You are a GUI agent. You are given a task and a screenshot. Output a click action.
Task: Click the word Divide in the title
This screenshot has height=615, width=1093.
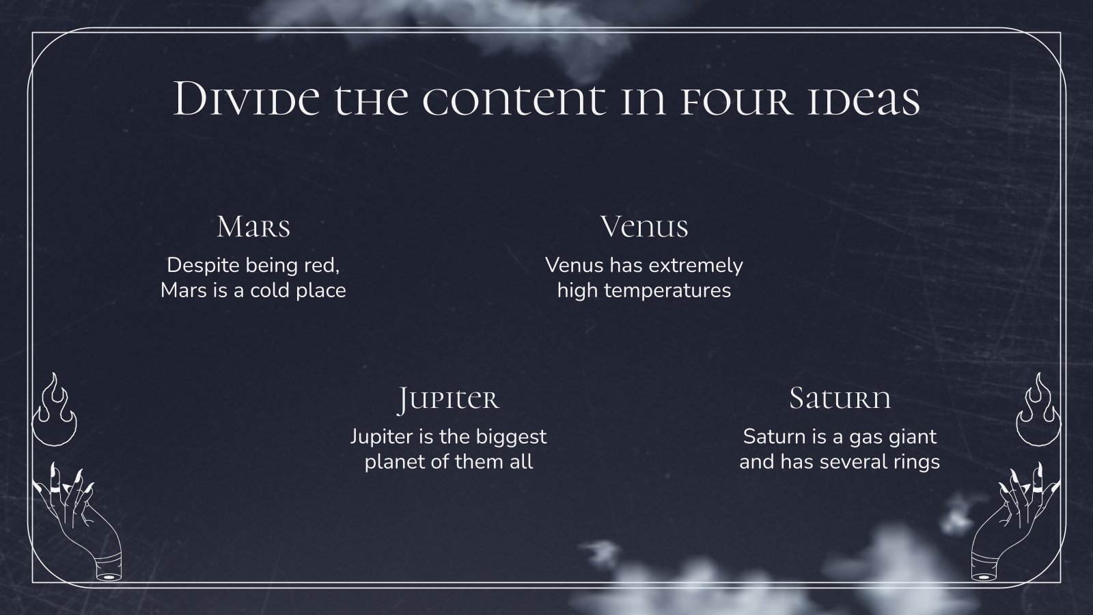247,100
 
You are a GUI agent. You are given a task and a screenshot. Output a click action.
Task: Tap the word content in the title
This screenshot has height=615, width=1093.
513,100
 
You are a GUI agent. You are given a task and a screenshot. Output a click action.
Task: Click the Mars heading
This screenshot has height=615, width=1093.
253,227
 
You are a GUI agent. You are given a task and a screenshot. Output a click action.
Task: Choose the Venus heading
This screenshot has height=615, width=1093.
644,227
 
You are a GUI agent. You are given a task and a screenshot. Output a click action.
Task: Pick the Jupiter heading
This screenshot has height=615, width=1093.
448,399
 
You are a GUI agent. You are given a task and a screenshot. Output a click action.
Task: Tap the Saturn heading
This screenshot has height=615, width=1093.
840,398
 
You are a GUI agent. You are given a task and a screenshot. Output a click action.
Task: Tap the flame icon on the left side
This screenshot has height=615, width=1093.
55,410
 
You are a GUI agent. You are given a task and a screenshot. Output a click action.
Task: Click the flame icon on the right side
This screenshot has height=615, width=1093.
1038,410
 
